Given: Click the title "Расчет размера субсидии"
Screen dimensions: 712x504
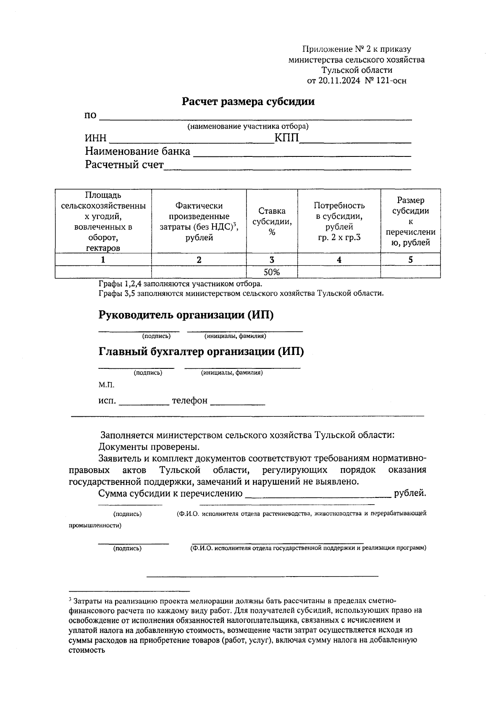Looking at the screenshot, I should point(248,102).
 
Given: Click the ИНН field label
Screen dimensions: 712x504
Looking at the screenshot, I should point(96,138).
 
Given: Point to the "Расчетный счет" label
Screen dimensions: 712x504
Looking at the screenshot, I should point(124,165).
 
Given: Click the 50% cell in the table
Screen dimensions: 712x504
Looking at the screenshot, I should point(272,272).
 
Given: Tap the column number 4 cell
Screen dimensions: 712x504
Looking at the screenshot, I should point(339,260).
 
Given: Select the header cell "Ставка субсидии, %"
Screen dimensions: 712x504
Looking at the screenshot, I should point(272,221).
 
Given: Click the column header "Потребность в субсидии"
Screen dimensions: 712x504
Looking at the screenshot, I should point(339,221).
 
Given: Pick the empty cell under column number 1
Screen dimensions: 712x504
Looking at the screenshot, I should point(103,272).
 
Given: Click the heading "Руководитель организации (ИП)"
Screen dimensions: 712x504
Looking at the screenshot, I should point(186,315).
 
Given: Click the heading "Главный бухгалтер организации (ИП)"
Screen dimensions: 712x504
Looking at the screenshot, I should point(201,352).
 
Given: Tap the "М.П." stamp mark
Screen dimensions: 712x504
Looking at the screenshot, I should point(106,385).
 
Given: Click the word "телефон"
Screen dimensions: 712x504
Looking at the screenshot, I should point(190,401).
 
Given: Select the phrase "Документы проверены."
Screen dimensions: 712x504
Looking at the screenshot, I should point(149,447).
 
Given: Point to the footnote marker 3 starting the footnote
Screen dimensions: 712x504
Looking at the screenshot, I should point(70,599).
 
